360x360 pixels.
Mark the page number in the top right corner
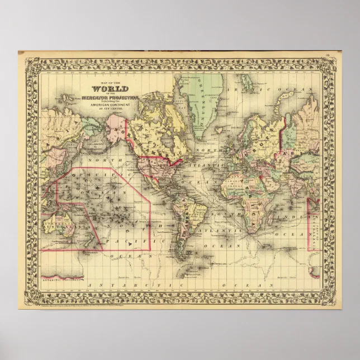click(x=327, y=55)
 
